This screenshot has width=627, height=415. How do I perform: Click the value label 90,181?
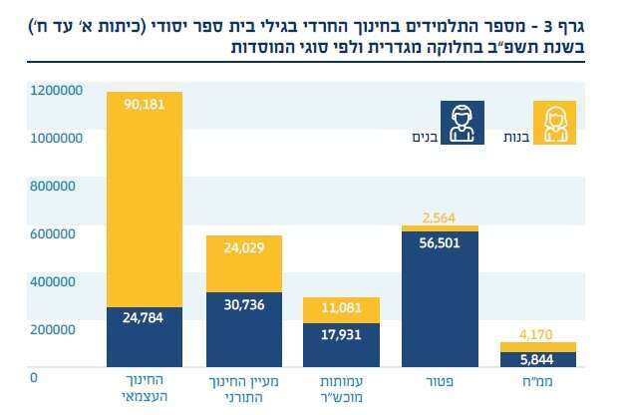click(x=145, y=104)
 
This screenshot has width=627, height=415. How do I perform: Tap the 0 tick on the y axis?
click(x=34, y=378)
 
